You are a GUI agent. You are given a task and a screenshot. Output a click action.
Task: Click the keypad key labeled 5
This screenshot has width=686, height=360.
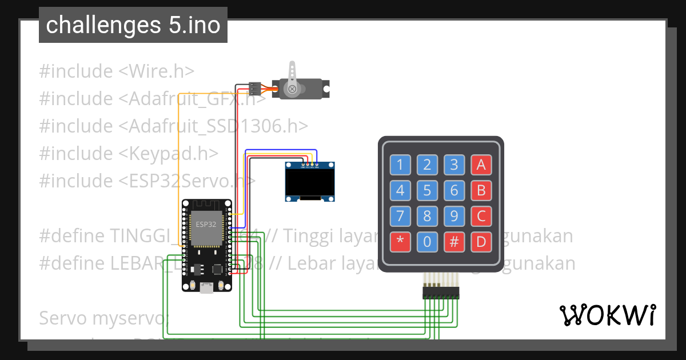427,190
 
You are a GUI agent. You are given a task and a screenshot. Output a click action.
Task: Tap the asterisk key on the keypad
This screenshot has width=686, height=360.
400,242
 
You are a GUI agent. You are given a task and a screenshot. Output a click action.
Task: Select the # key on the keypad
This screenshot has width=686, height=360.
454,242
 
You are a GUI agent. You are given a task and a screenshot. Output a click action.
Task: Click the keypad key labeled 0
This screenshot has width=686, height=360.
427,242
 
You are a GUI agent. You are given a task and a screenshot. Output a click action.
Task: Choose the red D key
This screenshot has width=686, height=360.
481,242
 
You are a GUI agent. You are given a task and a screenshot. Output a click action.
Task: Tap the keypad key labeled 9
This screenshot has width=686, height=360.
454,216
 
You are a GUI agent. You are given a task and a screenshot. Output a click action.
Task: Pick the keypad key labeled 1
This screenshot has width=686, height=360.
400,165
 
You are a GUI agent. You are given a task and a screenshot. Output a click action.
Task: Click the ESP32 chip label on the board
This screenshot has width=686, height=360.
206,224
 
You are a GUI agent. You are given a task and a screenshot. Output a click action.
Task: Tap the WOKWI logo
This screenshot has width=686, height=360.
607,315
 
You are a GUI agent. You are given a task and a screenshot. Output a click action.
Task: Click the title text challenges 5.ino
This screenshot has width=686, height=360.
133,25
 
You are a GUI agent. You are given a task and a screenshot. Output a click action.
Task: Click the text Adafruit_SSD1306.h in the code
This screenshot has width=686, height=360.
213,126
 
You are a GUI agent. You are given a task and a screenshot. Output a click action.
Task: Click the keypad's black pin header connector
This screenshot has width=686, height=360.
441,293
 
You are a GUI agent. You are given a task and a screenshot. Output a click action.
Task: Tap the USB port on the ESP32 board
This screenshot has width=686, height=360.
206,289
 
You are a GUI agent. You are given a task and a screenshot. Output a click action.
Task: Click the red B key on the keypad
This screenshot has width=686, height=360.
481,190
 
